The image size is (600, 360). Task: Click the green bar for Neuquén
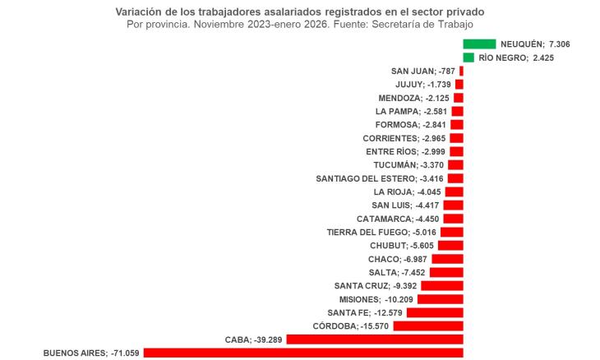point(479,44)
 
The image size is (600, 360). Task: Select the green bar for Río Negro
point(468,58)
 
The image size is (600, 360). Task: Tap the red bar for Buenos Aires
point(303,353)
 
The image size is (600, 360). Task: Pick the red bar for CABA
point(375,339)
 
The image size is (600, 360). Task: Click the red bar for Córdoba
point(428,326)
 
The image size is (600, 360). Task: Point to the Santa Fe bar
point(435,312)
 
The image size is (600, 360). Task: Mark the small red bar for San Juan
point(461,71)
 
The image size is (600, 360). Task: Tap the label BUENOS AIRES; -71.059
point(91,353)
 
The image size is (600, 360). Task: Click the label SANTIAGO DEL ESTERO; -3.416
point(380,178)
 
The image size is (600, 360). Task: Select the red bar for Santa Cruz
point(442,286)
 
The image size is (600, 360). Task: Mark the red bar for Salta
point(446,272)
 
